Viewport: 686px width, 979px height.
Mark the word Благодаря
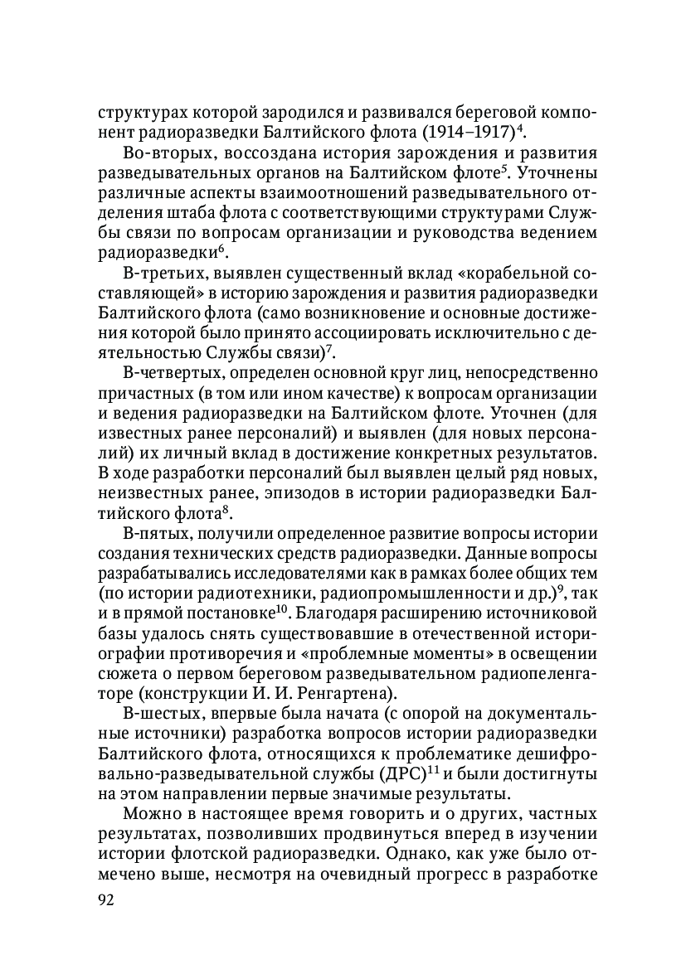click(338, 615)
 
